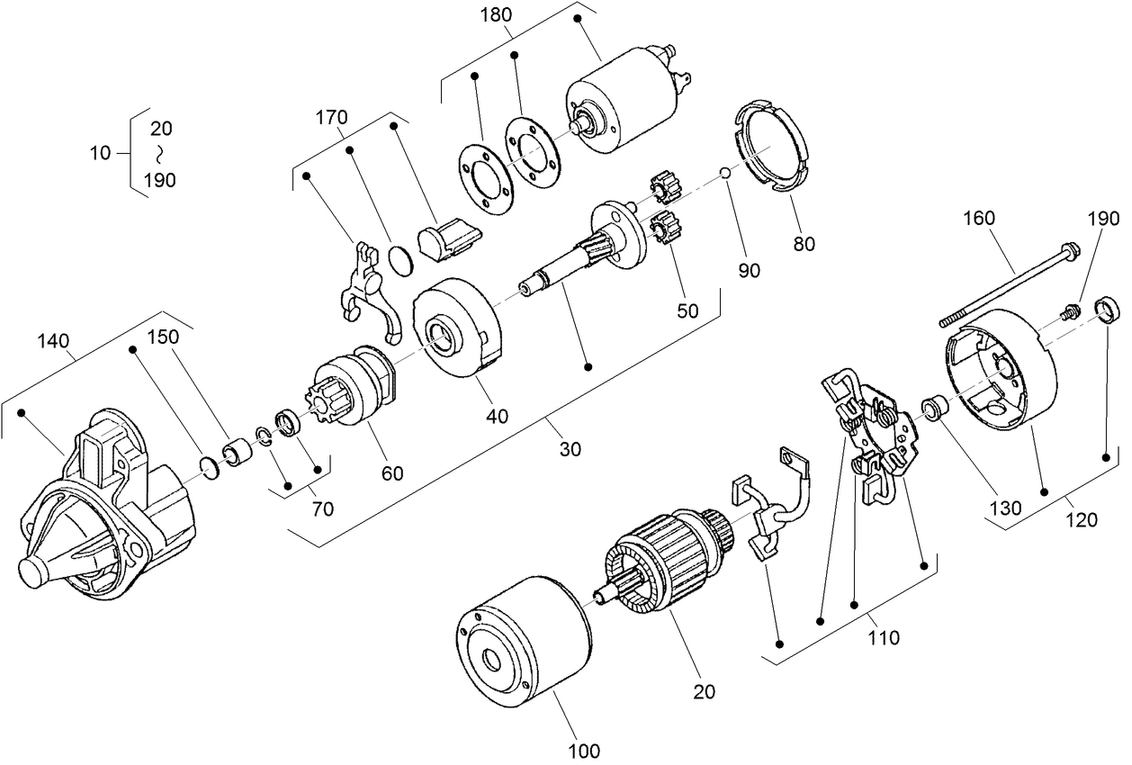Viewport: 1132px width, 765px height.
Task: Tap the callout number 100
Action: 585,749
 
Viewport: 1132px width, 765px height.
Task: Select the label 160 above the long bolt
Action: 980,217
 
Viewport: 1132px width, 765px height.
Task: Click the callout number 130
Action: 1005,508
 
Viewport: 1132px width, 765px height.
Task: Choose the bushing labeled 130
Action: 932,408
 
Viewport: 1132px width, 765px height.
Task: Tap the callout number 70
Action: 322,508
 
